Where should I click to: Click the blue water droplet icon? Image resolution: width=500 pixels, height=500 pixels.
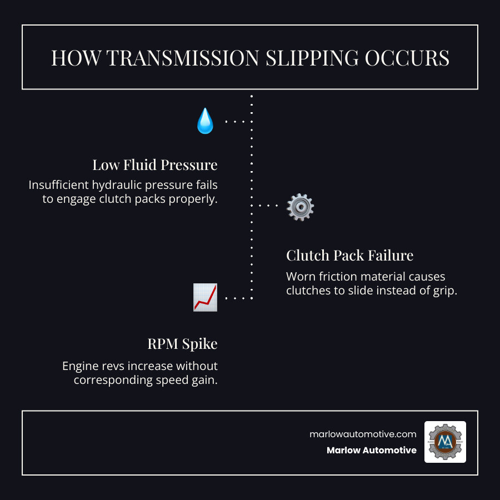click(205, 121)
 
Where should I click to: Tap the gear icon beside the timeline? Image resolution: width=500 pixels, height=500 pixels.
click(300, 207)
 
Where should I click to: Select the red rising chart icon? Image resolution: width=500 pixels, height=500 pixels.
click(205, 297)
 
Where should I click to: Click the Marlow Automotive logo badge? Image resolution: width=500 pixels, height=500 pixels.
click(445, 442)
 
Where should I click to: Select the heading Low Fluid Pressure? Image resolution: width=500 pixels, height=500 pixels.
click(154, 165)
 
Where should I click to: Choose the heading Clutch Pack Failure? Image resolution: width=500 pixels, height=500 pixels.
click(349, 256)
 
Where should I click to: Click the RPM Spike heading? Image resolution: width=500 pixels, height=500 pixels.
click(182, 344)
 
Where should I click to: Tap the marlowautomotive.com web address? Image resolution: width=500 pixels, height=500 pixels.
click(363, 434)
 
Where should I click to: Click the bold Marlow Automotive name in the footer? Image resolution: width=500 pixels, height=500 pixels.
click(372, 451)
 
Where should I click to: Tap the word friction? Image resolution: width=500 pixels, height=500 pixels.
click(339, 277)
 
